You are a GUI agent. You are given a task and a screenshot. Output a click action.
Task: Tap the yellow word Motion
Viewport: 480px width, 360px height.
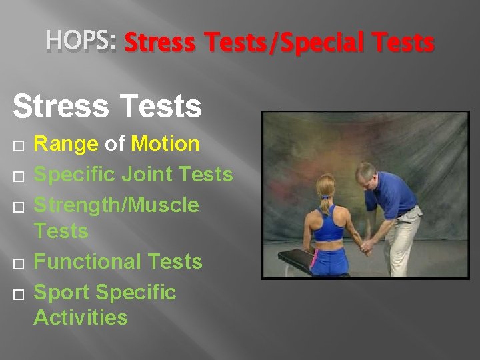coord(165,143)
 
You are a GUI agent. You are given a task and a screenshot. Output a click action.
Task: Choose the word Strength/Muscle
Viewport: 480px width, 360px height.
coord(116,205)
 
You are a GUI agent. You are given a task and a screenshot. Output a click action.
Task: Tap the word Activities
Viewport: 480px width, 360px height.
coord(80,317)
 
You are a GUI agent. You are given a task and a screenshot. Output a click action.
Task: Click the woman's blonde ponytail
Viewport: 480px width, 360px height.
coord(325,201)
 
